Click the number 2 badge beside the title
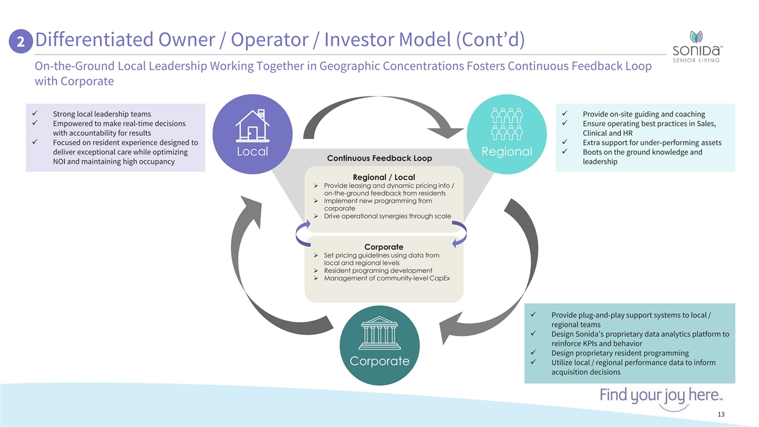click(22, 42)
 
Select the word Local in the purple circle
click(252, 152)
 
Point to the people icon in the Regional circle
click(506, 124)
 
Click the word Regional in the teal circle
click(506, 152)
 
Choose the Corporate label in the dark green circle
click(381, 361)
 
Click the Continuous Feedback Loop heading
click(379, 158)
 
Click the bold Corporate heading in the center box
click(383, 246)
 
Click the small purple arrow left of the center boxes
click(302, 232)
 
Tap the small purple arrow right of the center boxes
click(460, 232)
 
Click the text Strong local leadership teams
click(102, 114)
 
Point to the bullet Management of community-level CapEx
click(386, 279)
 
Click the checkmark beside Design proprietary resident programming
click(534, 353)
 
